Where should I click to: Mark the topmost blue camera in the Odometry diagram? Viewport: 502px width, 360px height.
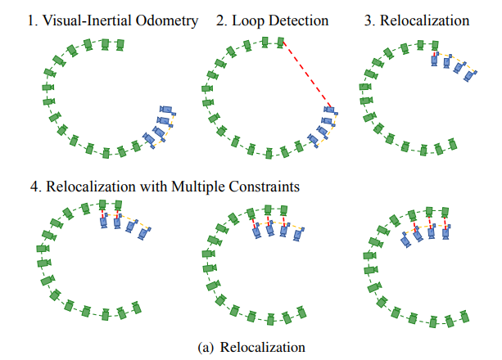click(x=166, y=110)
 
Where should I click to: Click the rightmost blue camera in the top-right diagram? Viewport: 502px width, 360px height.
click(x=470, y=75)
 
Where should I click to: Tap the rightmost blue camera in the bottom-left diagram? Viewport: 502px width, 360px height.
click(x=145, y=234)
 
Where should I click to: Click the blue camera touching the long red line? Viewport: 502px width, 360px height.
click(x=331, y=110)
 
